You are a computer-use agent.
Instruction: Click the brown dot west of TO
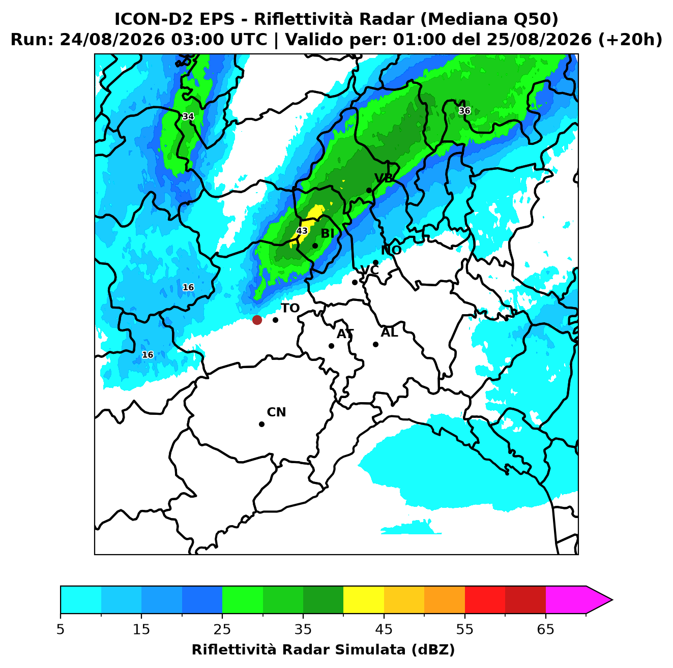point(257,319)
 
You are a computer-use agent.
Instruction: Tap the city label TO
point(290,308)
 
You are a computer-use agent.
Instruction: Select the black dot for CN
point(261,424)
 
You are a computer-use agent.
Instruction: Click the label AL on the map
point(389,332)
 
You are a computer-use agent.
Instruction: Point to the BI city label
point(327,233)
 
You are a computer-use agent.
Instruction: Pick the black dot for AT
point(331,346)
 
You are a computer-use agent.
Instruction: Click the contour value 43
point(302,231)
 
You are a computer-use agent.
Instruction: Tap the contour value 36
point(464,111)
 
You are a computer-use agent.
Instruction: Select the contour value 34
point(188,116)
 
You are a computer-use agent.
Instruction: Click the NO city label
point(391,250)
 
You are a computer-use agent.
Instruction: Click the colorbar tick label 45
point(384,629)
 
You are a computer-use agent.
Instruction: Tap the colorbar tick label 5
point(61,629)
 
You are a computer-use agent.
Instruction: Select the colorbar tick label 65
point(545,629)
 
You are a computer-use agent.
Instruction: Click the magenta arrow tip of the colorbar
point(611,600)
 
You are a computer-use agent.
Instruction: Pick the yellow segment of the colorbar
point(363,600)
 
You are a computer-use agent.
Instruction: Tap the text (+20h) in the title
point(630,40)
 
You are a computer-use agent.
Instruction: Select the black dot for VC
point(355,282)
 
